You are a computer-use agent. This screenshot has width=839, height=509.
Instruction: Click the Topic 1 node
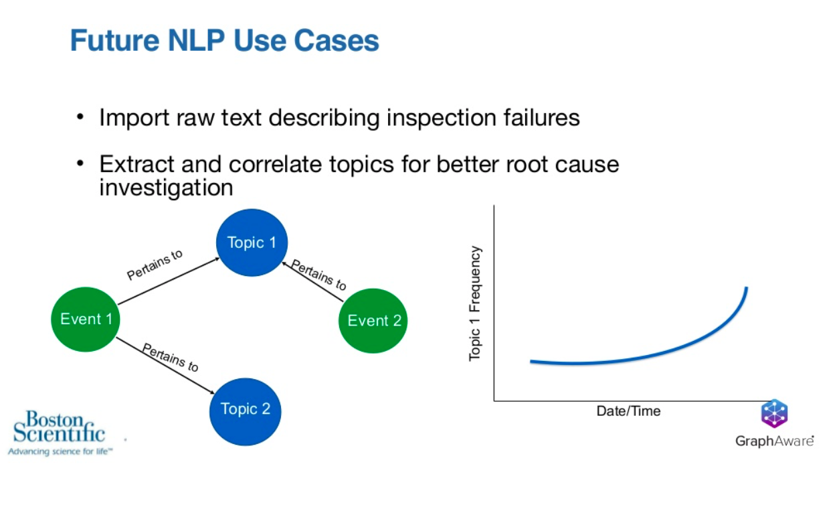tap(252, 242)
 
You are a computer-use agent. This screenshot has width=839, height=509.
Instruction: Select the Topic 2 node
tap(246, 411)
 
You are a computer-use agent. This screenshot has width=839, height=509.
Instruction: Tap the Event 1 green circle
tap(86, 319)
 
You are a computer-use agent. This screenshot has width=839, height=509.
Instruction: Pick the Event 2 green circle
tap(373, 321)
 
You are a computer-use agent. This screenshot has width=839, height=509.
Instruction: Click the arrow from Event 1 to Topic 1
tap(169, 281)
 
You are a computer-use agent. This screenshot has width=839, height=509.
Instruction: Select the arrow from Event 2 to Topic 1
tap(312, 281)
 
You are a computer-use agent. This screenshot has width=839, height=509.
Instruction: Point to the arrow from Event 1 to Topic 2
tap(165, 366)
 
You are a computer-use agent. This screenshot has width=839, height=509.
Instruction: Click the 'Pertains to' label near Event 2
tap(318, 275)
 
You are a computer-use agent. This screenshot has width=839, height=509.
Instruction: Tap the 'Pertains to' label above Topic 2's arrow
tap(171, 357)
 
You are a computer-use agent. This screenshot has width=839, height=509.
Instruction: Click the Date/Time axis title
tap(628, 411)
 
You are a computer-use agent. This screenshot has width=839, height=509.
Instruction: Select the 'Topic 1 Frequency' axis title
tap(474, 303)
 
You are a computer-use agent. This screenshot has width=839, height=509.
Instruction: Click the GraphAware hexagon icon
tap(774, 413)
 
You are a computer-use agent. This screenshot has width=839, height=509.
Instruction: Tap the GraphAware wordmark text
tap(775, 441)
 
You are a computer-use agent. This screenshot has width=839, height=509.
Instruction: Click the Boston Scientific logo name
tap(59, 427)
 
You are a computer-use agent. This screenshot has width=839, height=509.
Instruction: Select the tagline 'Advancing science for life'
tap(60, 451)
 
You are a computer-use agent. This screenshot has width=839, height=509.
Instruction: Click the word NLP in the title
tap(196, 40)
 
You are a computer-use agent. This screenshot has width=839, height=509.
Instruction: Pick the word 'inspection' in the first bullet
tap(441, 119)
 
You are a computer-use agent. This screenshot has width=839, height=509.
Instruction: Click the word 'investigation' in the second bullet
tap(166, 188)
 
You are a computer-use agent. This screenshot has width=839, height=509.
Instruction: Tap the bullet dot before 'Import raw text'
tap(80, 117)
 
